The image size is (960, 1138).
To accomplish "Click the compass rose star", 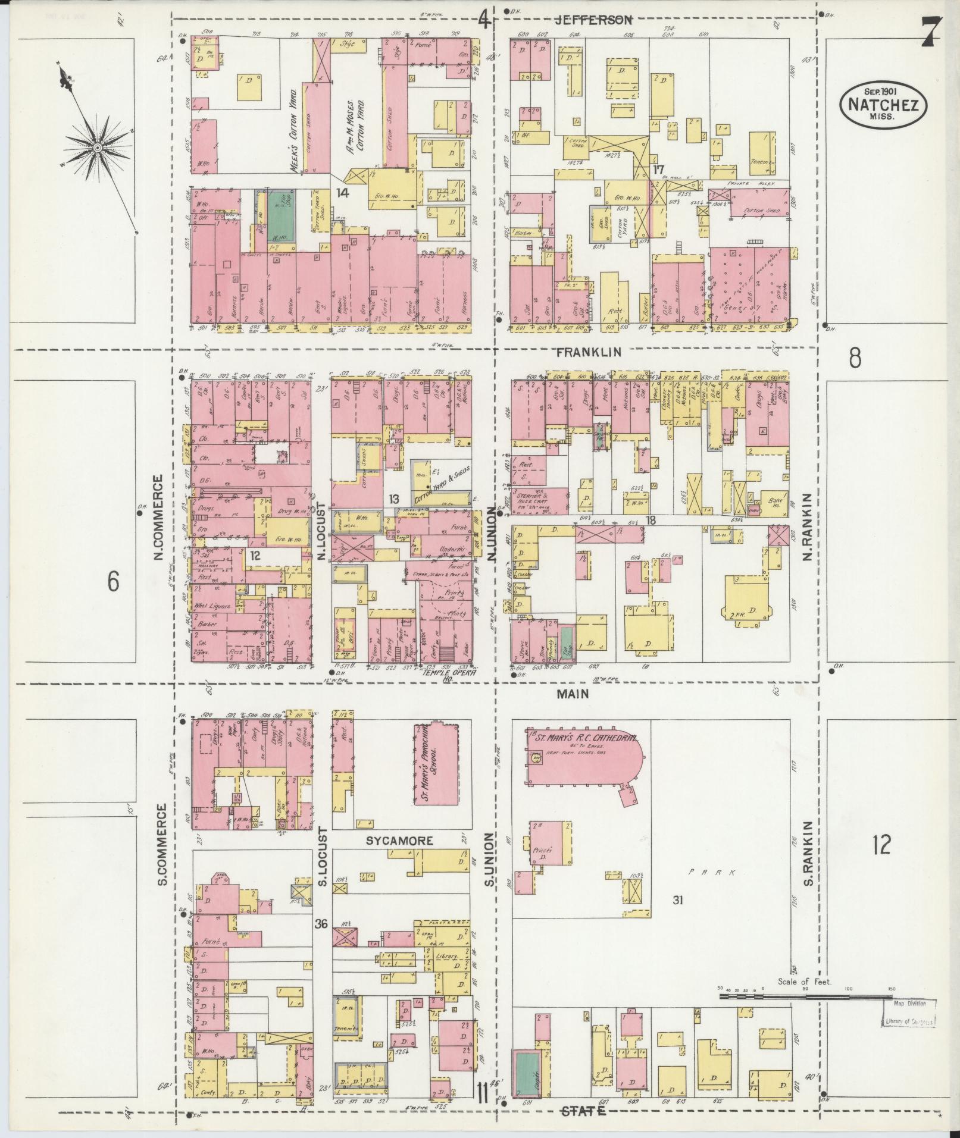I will (97, 146).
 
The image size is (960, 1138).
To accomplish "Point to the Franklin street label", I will (589, 352).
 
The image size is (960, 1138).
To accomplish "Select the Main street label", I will (573, 694).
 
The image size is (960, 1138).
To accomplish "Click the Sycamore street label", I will (399, 841).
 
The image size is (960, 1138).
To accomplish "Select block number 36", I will (321, 924).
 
